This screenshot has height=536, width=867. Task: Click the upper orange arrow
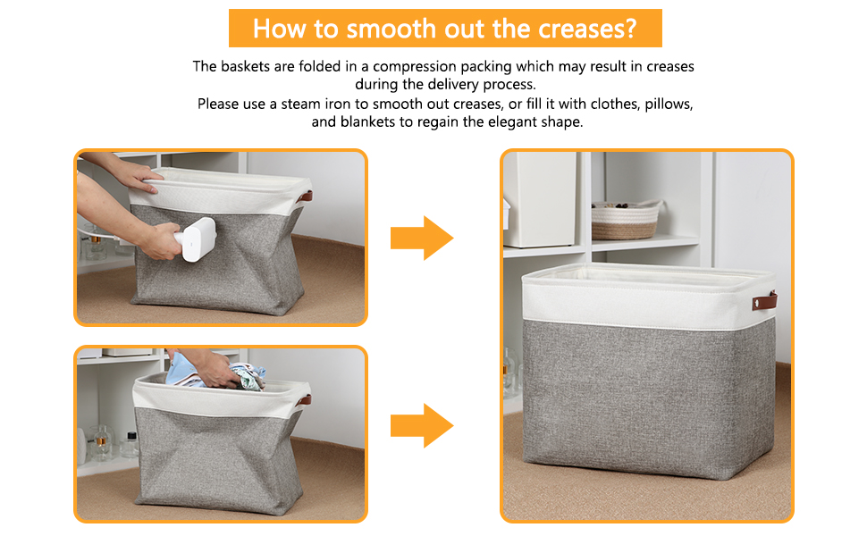pyautogui.click(x=422, y=239)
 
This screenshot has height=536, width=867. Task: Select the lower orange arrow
pyautogui.click(x=422, y=425)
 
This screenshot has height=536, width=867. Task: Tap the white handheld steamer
pyautogui.click(x=195, y=239)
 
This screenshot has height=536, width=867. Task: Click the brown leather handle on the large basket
pyautogui.click(x=765, y=301)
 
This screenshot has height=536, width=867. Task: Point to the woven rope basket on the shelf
pyautogui.click(x=626, y=220)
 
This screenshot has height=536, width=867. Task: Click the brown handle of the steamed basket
pyautogui.click(x=305, y=197)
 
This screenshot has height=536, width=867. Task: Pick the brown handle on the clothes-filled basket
pyautogui.click(x=303, y=400)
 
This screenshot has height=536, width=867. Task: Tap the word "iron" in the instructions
pyautogui.click(x=337, y=104)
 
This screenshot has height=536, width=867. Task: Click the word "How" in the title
pyautogui.click(x=279, y=29)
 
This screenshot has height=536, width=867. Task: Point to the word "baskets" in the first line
pyautogui.click(x=246, y=67)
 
